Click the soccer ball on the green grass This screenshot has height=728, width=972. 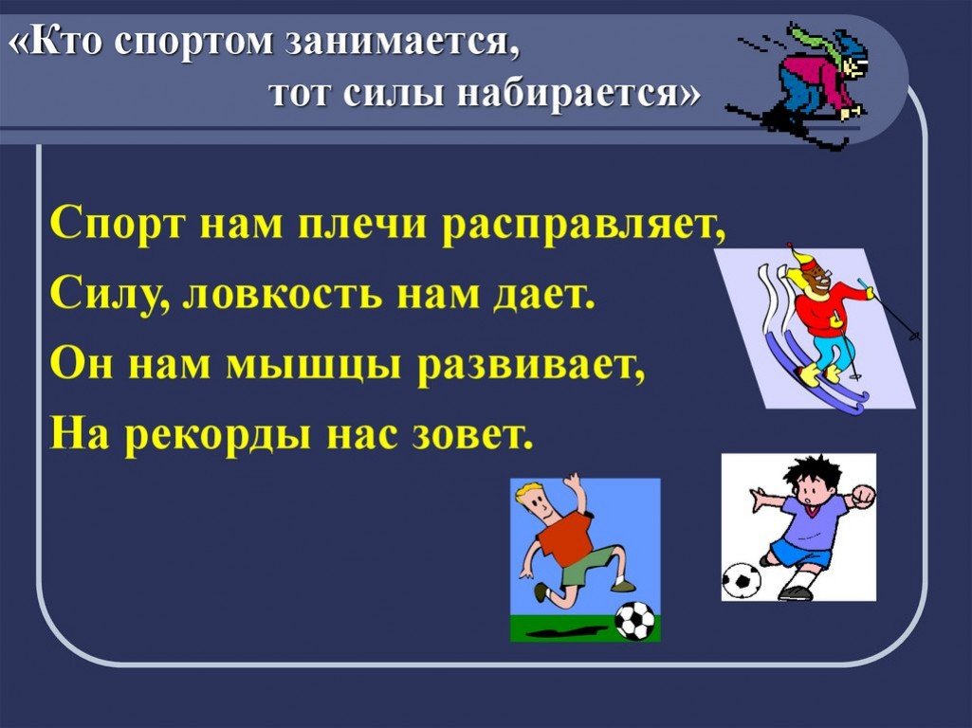click(634, 620)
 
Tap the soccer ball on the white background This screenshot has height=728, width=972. click(742, 580)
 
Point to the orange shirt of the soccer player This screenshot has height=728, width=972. click(564, 536)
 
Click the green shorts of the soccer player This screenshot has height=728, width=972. click(585, 565)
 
